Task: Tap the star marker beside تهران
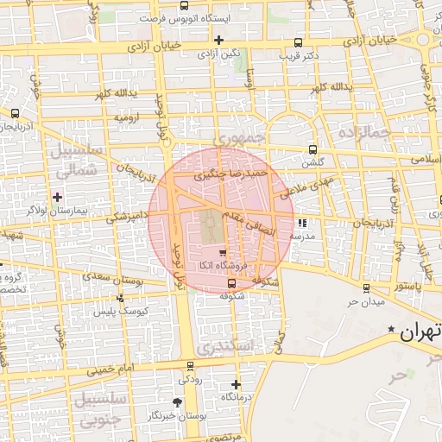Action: (x=393, y=330)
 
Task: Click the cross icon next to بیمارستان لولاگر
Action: (x=58, y=197)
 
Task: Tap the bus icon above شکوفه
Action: (x=230, y=283)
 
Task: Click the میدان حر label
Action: (x=364, y=302)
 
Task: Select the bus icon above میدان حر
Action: (x=368, y=288)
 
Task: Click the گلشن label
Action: (x=312, y=161)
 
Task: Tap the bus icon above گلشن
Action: (x=312, y=148)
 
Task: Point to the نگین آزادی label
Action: (x=218, y=54)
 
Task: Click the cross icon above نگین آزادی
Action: (x=218, y=40)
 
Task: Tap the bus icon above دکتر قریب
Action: (x=299, y=42)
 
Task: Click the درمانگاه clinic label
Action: (x=237, y=396)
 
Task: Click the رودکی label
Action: (x=190, y=378)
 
